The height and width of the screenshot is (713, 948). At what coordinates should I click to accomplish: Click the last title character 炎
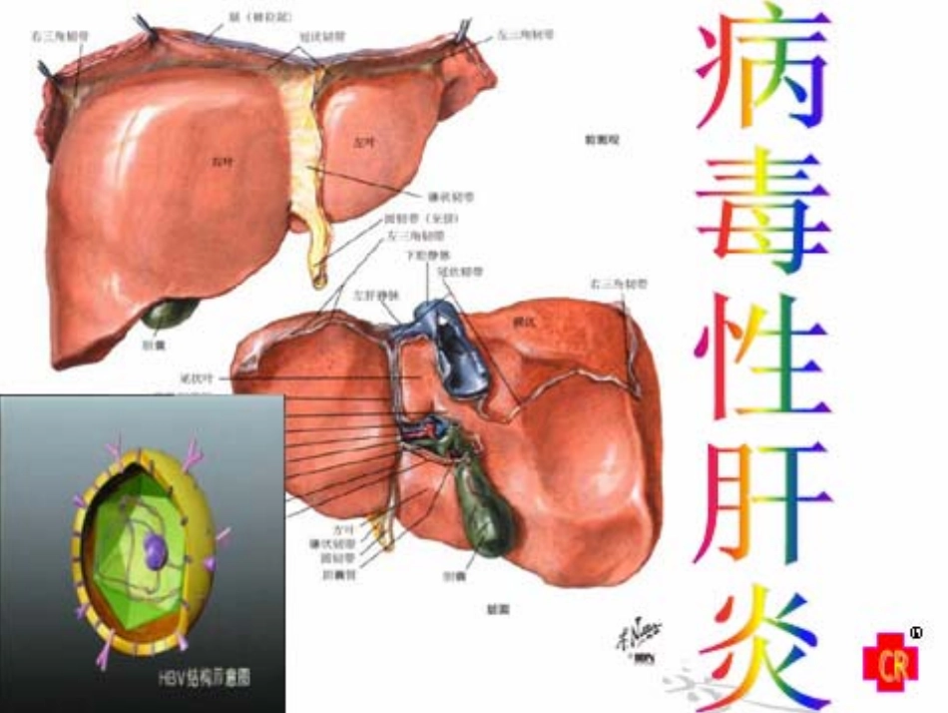(763, 644)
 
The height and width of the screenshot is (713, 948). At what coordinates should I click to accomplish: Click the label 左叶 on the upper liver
(360, 142)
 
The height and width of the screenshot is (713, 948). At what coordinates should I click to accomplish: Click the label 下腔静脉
(425, 256)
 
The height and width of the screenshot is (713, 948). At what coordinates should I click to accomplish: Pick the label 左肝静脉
(371, 297)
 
